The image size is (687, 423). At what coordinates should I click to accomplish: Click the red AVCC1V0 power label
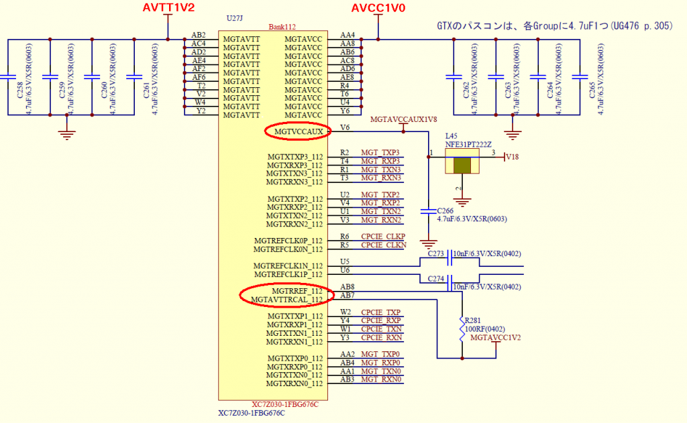[x=379, y=9]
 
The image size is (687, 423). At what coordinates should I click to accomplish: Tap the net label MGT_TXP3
[x=380, y=153]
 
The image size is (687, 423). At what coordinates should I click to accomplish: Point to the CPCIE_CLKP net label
[x=383, y=237]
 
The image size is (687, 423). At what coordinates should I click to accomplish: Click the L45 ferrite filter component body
[x=462, y=166]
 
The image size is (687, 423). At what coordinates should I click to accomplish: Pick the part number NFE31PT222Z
[x=469, y=144]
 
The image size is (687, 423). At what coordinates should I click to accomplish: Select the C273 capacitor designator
[x=436, y=253]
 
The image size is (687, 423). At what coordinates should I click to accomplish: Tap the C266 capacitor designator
[x=446, y=210]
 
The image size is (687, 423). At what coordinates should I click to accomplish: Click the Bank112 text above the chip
[x=282, y=27]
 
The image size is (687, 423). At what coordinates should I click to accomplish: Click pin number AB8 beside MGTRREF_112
[x=348, y=287]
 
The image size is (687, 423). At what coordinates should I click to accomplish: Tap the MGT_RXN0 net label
[x=380, y=379]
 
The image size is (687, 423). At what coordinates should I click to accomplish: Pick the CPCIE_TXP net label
[x=380, y=312]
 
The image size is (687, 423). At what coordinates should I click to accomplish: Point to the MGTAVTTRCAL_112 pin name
[x=286, y=299]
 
